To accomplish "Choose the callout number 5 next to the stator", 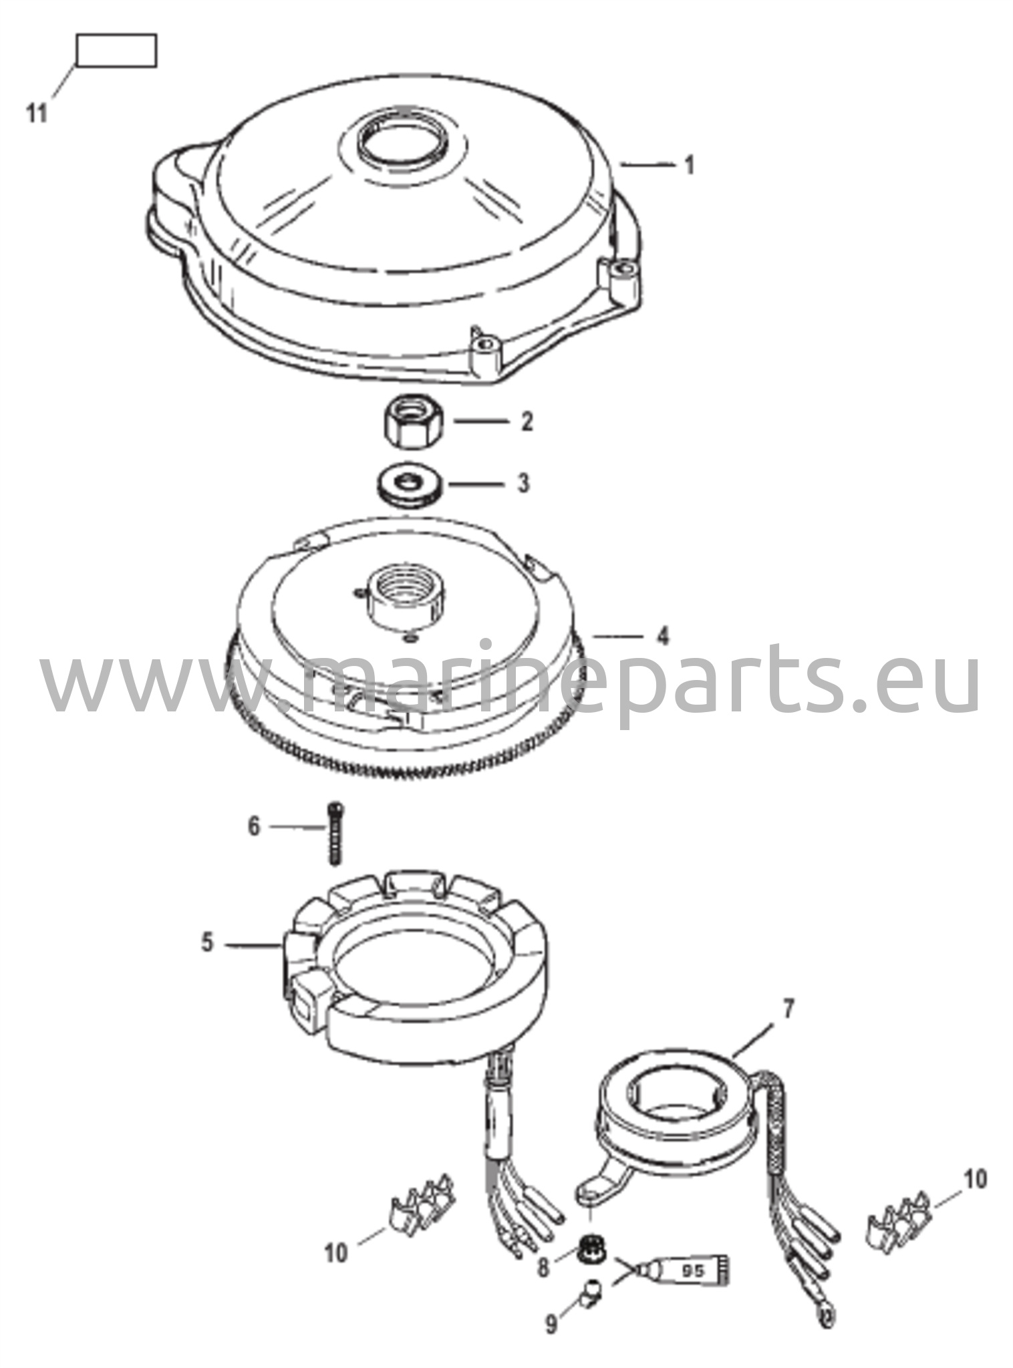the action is [207, 944].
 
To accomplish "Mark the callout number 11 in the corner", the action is [37, 114].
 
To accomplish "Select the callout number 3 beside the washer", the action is [524, 484].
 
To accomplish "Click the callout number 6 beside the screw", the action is [254, 827].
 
